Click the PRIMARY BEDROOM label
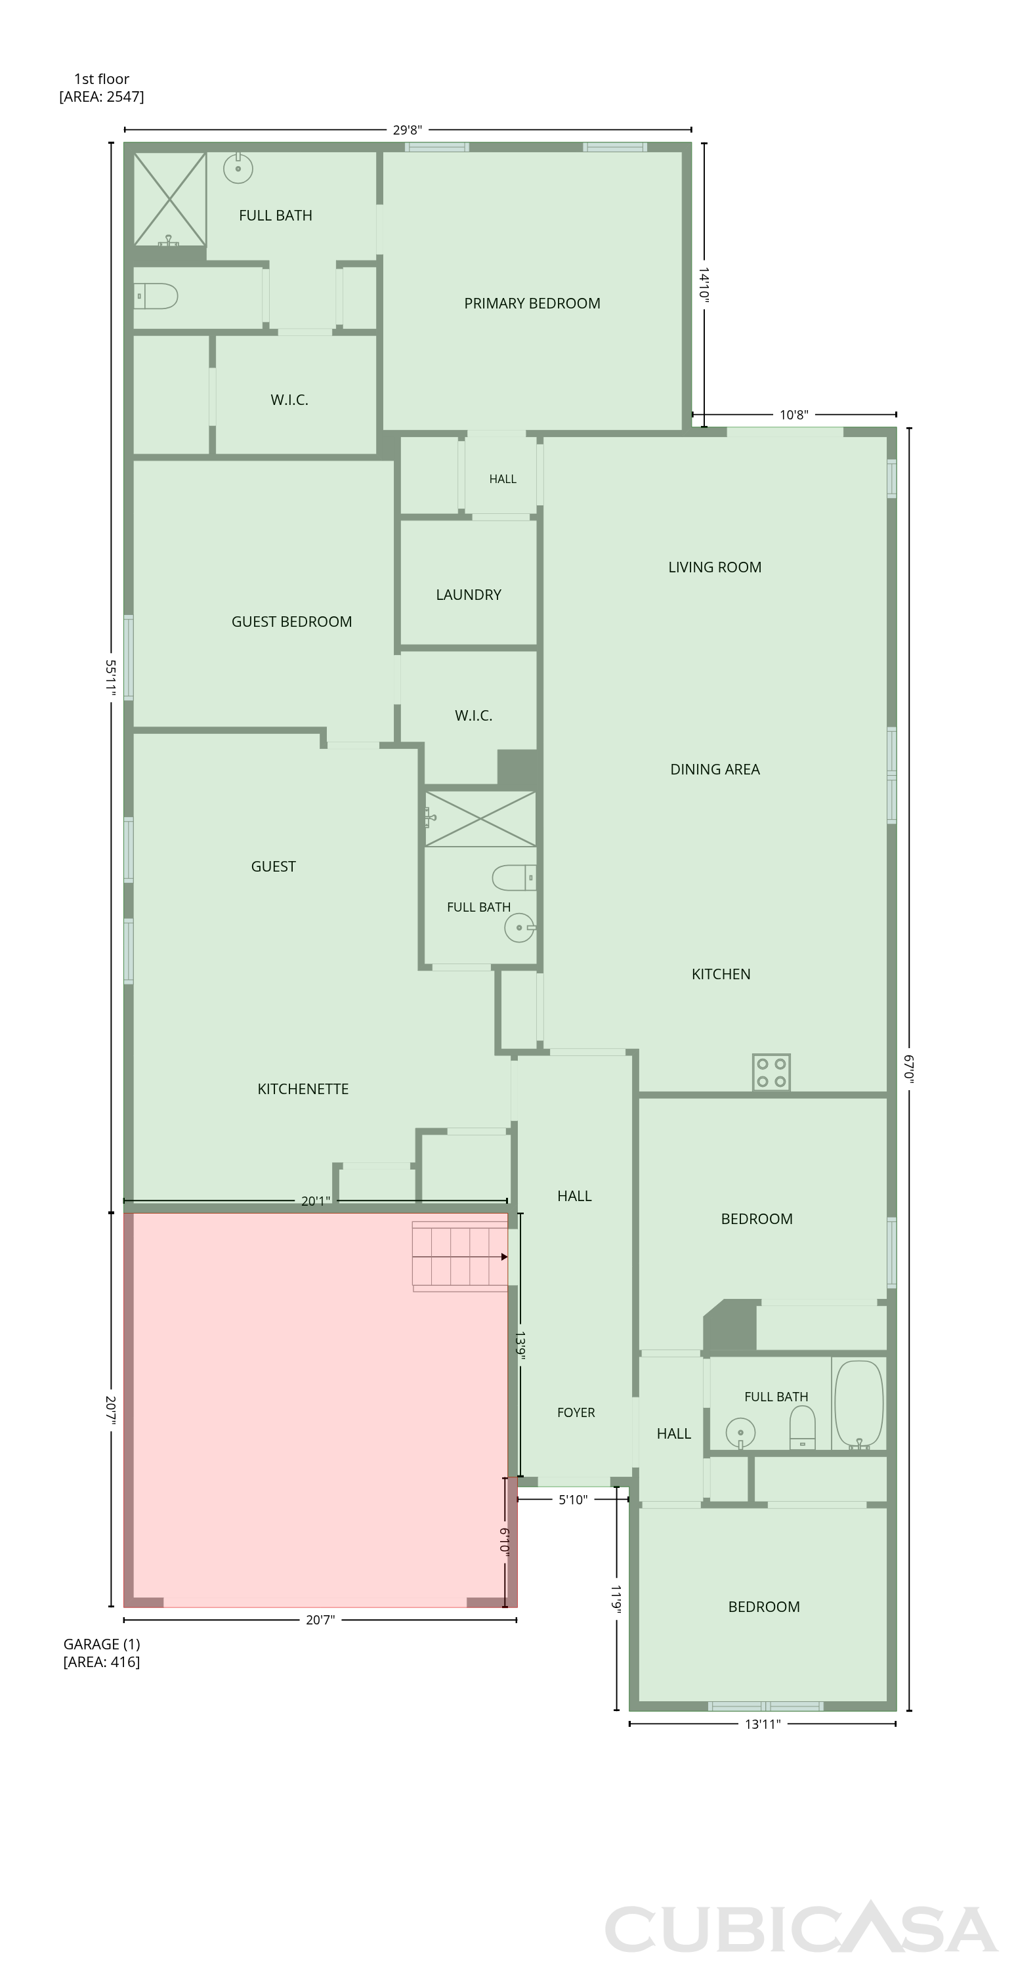click(x=532, y=303)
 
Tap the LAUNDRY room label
click(x=469, y=595)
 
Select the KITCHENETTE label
click(x=303, y=1090)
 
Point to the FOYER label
click(x=576, y=1412)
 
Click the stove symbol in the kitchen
click(x=771, y=1072)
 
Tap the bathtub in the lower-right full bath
click(x=858, y=1405)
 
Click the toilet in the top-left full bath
click(x=156, y=296)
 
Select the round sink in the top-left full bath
click(x=238, y=167)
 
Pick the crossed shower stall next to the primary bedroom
click(x=170, y=199)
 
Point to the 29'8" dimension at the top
click(x=408, y=130)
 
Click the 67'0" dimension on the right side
click(x=909, y=1069)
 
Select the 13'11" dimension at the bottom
click(x=762, y=1724)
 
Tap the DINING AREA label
click(x=715, y=770)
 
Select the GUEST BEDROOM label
click(x=291, y=622)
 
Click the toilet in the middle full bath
click(x=514, y=878)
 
